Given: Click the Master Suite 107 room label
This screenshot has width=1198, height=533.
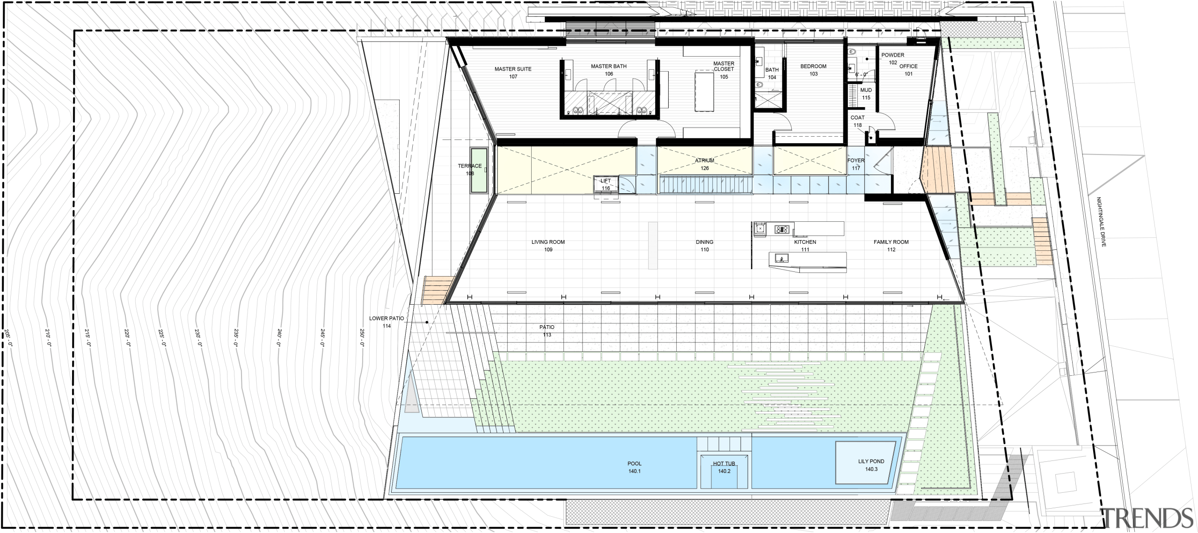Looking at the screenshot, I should pos(513,73).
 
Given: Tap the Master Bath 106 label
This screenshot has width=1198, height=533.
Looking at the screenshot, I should pos(608,70).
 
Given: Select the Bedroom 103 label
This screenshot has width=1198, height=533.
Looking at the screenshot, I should pos(813,70).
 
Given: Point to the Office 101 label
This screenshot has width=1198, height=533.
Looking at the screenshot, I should pos(908,70).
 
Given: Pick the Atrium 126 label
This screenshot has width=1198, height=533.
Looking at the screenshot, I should pos(705,164).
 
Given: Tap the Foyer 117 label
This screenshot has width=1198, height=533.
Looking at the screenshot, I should pos(856,164).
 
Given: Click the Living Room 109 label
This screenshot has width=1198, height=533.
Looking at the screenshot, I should pos(548,246).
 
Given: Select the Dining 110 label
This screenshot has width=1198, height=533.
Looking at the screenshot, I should pos(705,246).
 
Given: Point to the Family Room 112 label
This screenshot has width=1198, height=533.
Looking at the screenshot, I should pos(891,246).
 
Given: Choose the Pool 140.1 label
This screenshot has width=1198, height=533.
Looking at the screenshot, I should pos(635,467).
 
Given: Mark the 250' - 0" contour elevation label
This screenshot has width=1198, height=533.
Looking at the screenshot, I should pos(362,337).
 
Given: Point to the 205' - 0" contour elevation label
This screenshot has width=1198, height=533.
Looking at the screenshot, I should pos(7,337).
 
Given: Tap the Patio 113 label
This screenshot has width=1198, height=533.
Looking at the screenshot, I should pos(547,331).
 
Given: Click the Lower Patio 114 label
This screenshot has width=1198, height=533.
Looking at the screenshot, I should pos(387,322).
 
